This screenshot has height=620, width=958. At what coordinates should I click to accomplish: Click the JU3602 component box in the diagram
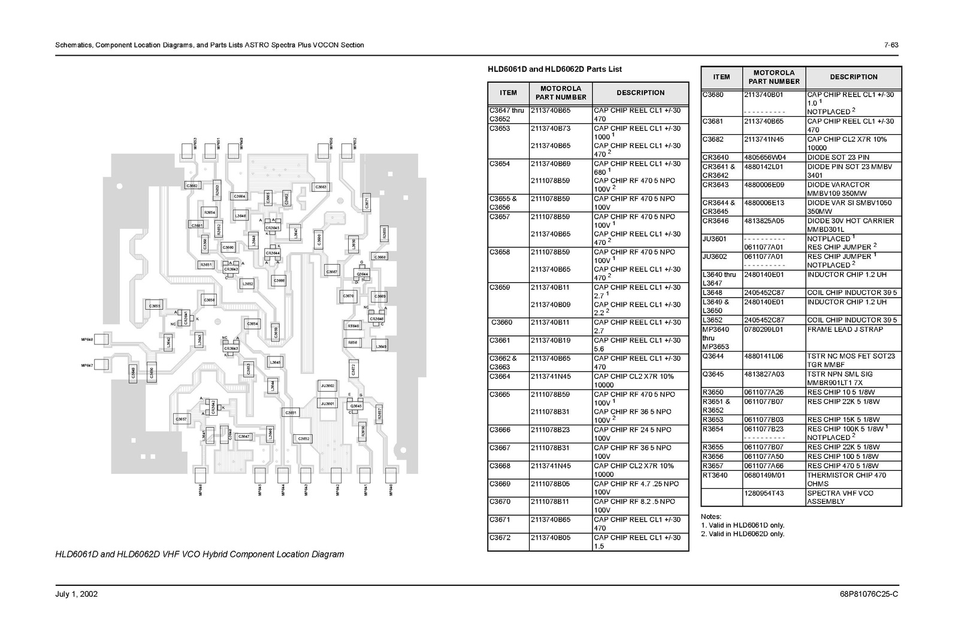(x=328, y=386)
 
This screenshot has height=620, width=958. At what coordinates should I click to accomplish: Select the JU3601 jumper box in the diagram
(x=328, y=404)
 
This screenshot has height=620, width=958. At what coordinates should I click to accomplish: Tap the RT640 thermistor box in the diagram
(x=353, y=326)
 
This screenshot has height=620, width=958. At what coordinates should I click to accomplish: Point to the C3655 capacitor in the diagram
(x=155, y=306)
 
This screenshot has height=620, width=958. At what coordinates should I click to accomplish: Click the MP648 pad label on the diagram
(x=87, y=340)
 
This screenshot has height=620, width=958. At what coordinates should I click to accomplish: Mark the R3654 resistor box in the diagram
(x=209, y=213)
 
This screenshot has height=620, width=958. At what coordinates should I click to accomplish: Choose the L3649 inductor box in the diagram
(x=380, y=346)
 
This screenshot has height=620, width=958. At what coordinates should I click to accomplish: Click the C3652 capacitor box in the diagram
(x=304, y=438)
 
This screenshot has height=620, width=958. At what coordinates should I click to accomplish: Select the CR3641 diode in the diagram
(x=186, y=317)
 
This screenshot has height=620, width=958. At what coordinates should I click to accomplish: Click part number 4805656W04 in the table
(x=763, y=158)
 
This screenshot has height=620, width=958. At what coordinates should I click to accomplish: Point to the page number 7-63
(x=891, y=45)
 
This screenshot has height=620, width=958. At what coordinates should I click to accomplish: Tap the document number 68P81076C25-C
(x=869, y=594)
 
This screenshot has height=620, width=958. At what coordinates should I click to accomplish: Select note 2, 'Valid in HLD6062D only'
(x=742, y=534)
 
